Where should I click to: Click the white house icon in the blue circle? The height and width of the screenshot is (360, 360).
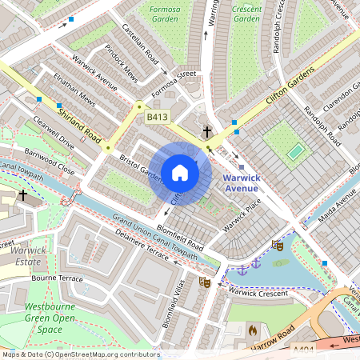pyautogui.click(x=180, y=172)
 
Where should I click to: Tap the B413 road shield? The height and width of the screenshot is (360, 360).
pyautogui.click(x=157, y=118)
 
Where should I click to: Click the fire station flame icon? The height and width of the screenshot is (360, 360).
pyautogui.click(x=252, y=330)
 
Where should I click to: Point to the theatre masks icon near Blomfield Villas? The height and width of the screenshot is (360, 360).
pyautogui.click(x=204, y=282)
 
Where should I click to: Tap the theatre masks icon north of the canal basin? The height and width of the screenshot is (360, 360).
pyautogui.click(x=278, y=246)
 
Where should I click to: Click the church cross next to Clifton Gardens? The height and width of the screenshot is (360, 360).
pyautogui.click(x=207, y=131)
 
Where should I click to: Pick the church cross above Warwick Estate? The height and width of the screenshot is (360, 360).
pyautogui.click(x=23, y=194)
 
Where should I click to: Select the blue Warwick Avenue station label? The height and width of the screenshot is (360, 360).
pyautogui.click(x=241, y=182)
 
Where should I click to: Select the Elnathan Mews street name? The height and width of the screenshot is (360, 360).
pyautogui.click(x=74, y=93)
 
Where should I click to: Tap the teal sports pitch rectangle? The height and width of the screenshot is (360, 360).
pyautogui.click(x=296, y=150)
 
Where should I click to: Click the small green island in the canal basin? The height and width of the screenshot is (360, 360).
pyautogui.click(x=280, y=262)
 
